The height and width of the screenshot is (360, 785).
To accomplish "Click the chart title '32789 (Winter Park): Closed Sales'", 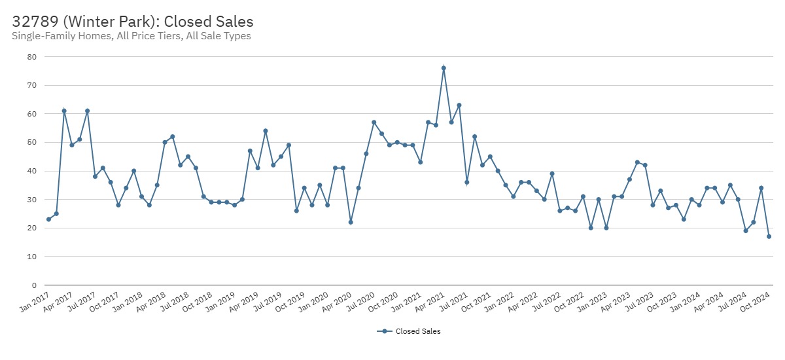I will point(133,22).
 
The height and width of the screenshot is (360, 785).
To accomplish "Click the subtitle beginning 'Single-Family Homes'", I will point(131,37).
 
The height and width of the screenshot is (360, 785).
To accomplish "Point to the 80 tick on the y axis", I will point(31,57).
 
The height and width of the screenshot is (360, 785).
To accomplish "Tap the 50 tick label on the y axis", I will point(31,143).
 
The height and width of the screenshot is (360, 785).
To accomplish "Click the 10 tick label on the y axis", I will point(31,257).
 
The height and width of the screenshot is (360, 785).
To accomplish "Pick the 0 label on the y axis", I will point(33,285).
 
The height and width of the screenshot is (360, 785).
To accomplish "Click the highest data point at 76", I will point(444,68).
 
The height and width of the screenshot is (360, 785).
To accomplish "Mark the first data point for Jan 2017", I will point(48,219).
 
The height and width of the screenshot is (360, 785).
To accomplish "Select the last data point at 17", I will point(769,236).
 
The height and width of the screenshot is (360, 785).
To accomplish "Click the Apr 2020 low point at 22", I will point(351,222).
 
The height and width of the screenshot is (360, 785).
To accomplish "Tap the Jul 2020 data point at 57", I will point(374,122).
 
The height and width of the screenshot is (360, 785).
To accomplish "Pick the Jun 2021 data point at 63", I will point(459,105).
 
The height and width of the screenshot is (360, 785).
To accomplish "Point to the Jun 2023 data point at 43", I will point(637,162).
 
